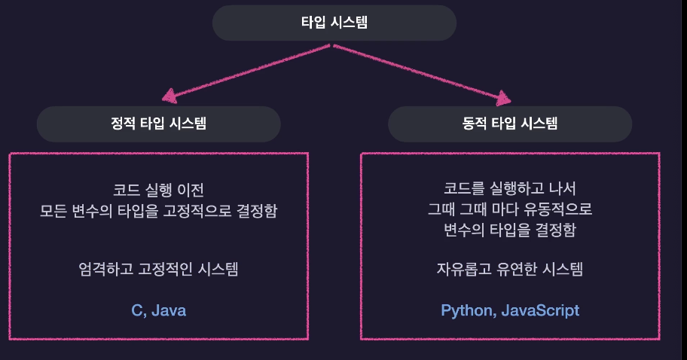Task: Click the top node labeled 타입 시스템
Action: pyautogui.click(x=334, y=23)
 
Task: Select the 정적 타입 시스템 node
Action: pyautogui.click(x=158, y=124)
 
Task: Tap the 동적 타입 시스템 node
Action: pyautogui.click(x=510, y=124)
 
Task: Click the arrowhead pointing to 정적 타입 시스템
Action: pyautogui.click(x=169, y=96)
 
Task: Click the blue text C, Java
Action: pyautogui.click(x=158, y=310)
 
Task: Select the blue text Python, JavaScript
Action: pyautogui.click(x=510, y=310)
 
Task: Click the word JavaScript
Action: pyautogui.click(x=541, y=310)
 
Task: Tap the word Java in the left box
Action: pyautogui.click(x=169, y=310)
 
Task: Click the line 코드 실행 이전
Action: pyautogui.click(x=158, y=189)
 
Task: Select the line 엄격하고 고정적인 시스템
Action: pyautogui.click(x=158, y=269)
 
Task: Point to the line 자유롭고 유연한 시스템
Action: pyautogui.click(x=510, y=269)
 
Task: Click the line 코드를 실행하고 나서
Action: pyautogui.click(x=510, y=188)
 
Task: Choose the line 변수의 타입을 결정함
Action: pyautogui.click(x=510, y=230)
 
